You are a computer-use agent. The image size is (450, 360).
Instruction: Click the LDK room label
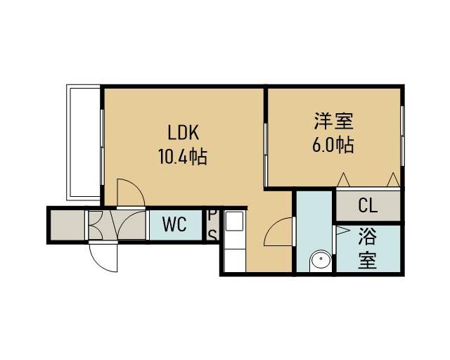pyautogui.click(x=183, y=133)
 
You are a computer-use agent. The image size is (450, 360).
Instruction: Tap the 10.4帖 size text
pyautogui.click(x=183, y=157)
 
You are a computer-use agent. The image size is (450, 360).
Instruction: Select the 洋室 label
pyautogui.click(x=334, y=122)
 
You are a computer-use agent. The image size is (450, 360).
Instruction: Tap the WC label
pyautogui.click(x=174, y=224)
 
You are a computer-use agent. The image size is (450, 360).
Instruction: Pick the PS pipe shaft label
pyautogui.click(x=212, y=225)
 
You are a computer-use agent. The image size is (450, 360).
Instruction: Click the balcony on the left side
pyautogui.click(x=83, y=143)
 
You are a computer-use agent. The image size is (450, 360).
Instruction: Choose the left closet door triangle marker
pyautogui.click(x=343, y=180)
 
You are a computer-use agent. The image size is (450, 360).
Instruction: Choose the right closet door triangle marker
pyautogui.click(x=393, y=180)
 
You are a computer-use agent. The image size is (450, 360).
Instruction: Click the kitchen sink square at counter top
pyautogui.click(x=235, y=221)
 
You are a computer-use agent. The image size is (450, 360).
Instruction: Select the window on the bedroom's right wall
pyautogui.click(x=402, y=136)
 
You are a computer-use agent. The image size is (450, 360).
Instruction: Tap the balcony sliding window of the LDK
pyautogui.click(x=102, y=147)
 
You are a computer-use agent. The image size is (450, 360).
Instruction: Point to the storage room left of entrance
pyautogui.click(x=67, y=225)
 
